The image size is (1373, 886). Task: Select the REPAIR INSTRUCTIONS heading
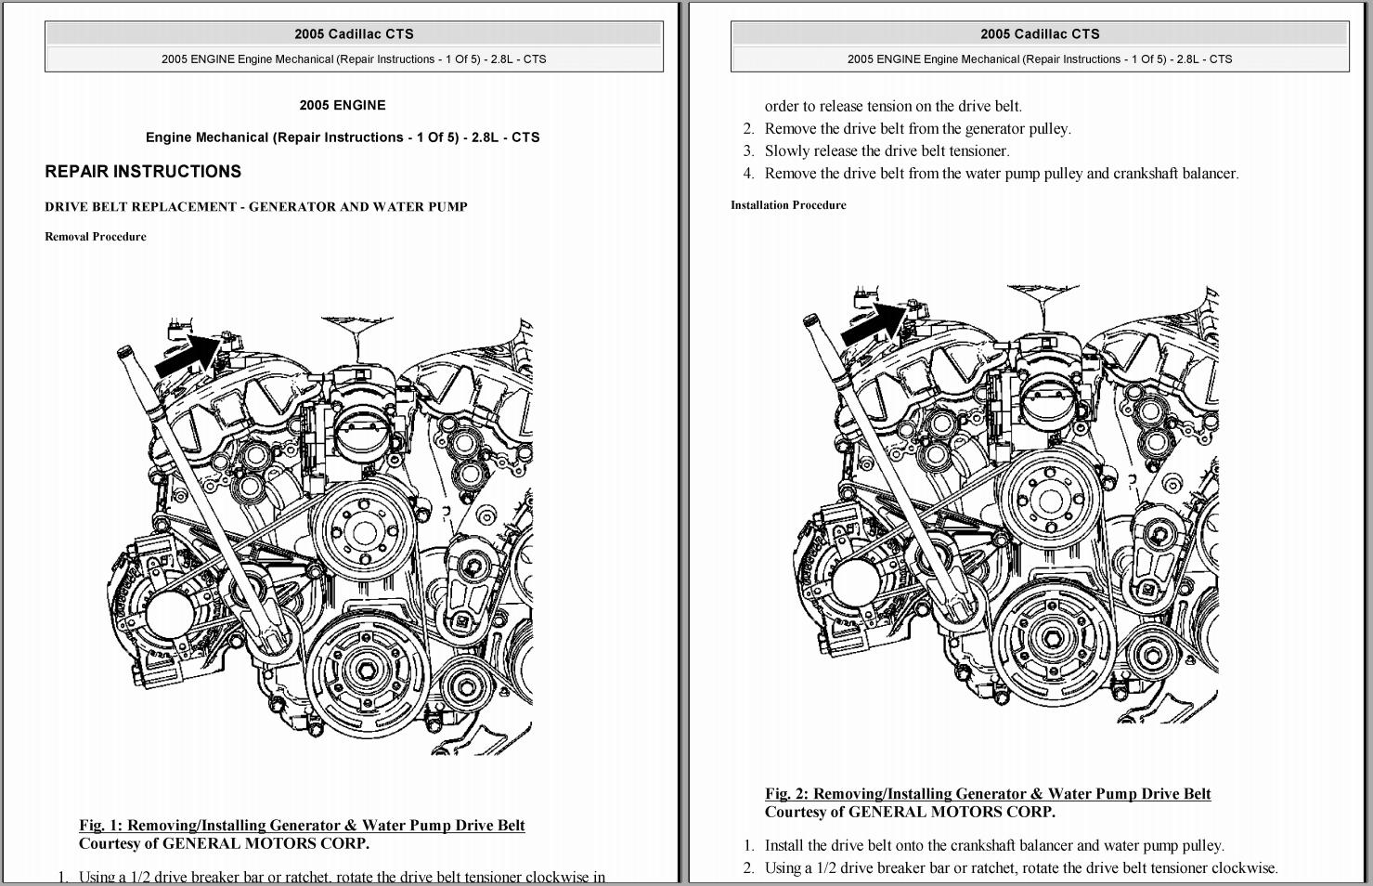(x=143, y=172)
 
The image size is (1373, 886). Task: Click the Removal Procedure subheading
(x=96, y=237)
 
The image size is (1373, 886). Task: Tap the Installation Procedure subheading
(x=788, y=205)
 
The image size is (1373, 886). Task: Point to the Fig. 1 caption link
(x=302, y=826)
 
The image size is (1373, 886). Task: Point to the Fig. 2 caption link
(x=988, y=794)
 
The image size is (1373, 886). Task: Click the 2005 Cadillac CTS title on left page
(x=354, y=34)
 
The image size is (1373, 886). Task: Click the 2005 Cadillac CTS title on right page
(x=1040, y=34)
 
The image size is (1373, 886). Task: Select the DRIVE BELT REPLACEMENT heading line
(x=256, y=207)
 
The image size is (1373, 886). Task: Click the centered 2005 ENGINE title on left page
(x=343, y=106)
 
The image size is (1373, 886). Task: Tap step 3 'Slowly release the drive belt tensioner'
(x=887, y=151)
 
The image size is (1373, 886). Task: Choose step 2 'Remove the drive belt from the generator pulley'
(x=917, y=129)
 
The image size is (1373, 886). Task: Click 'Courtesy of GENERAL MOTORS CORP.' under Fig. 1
(x=224, y=844)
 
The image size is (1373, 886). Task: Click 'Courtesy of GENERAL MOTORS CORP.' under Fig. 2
(x=910, y=813)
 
